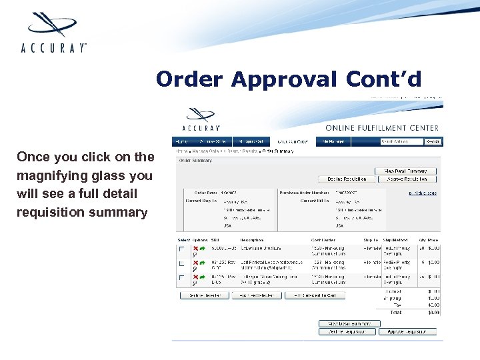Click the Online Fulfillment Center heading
click(x=381, y=127)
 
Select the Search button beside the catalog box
click(x=433, y=141)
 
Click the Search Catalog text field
click(x=401, y=141)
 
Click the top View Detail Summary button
click(x=406, y=171)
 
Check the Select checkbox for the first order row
click(x=181, y=249)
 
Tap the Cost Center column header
click(x=323, y=240)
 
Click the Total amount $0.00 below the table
click(x=433, y=311)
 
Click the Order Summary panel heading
click(x=195, y=160)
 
